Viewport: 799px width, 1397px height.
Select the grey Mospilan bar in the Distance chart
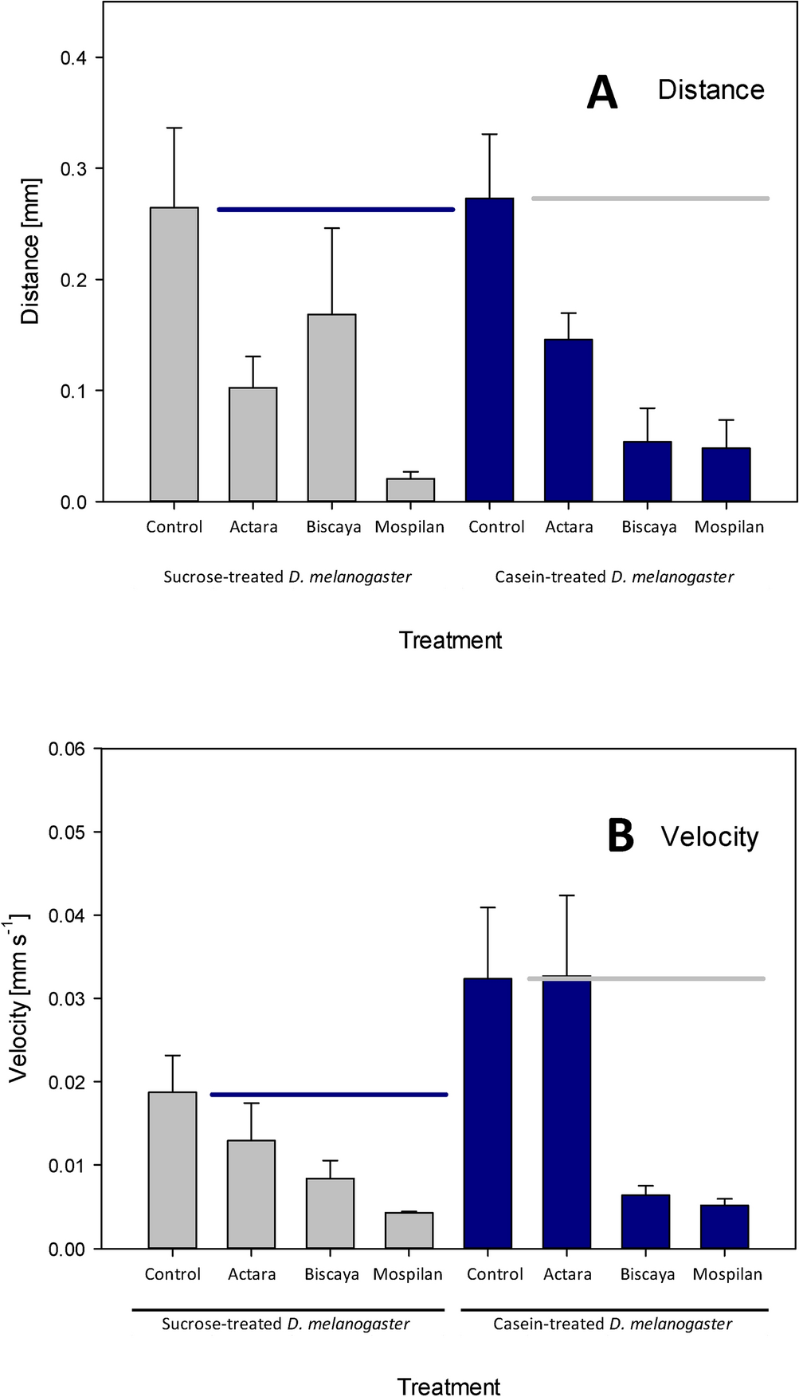(410, 490)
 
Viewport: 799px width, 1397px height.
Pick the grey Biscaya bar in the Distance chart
(332, 407)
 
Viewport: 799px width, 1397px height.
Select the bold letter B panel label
(621, 836)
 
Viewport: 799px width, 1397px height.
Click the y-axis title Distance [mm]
(30, 250)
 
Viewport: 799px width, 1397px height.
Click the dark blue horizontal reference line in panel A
(335, 210)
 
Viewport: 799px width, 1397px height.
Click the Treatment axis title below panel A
(450, 640)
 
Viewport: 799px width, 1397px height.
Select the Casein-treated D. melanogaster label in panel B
(613, 1324)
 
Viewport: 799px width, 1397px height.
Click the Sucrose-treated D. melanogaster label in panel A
(288, 577)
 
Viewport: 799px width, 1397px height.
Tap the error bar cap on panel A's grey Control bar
(174, 128)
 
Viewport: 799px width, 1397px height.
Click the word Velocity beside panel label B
(710, 837)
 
